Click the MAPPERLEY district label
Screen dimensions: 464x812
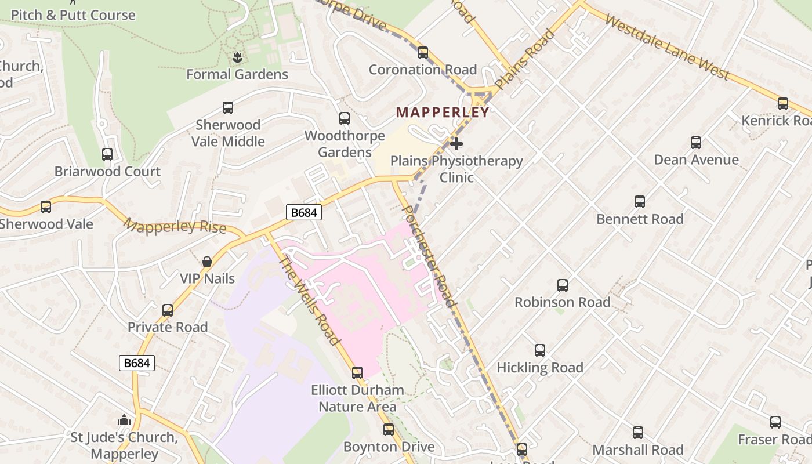[443, 113]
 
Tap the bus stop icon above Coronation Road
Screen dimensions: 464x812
[423, 53]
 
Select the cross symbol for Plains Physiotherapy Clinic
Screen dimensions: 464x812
[456, 143]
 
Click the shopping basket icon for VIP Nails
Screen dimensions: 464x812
[207, 262]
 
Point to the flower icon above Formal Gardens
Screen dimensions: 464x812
[237, 57]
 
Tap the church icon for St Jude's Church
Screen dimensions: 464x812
[124, 420]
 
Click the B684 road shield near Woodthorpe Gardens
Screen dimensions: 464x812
[304, 213]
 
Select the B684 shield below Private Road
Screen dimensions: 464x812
[137, 363]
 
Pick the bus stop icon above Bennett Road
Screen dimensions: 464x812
[640, 202]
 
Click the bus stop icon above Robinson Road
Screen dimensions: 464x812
[563, 285]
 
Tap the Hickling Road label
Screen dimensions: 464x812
[540, 368]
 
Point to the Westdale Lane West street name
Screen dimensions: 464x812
[666, 46]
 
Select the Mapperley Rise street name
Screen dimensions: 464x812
[175, 226]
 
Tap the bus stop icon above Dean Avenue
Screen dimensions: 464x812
[696, 143]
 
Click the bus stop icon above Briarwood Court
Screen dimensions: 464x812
[107, 154]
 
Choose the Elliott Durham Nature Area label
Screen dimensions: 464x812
[357, 398]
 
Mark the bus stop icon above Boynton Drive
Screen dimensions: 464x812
[389, 430]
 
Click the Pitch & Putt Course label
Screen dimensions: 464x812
[73, 15]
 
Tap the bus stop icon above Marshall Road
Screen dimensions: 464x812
[638, 433]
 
